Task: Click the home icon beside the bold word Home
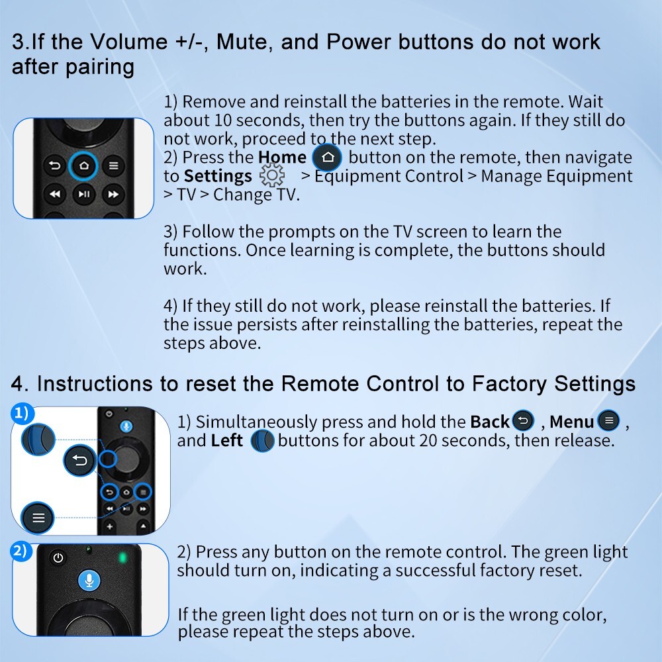click(x=327, y=158)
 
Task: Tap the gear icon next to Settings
click(x=272, y=175)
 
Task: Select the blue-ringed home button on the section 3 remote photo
click(x=83, y=165)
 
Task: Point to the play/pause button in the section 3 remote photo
click(x=83, y=194)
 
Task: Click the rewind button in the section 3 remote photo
click(x=55, y=194)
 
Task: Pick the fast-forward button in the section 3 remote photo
click(x=113, y=194)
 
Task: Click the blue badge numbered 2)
click(x=21, y=551)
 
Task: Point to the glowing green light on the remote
click(x=122, y=557)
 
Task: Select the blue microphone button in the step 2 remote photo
click(x=89, y=580)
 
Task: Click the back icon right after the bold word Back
click(x=524, y=420)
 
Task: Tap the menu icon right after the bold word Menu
click(x=609, y=420)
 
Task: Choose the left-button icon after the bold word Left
click(x=262, y=441)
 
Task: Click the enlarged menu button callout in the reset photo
click(x=38, y=518)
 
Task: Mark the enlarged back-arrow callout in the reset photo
click(x=80, y=460)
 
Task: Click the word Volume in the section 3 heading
click(x=129, y=42)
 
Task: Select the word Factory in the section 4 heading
click(x=508, y=384)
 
